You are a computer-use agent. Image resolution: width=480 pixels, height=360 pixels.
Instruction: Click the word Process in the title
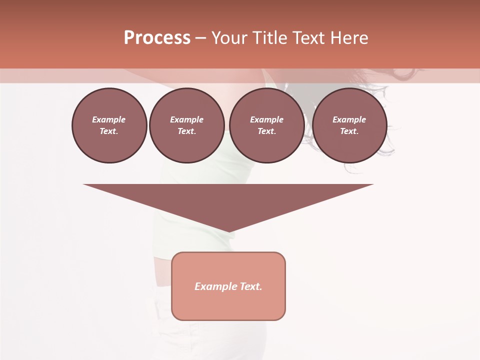(157, 38)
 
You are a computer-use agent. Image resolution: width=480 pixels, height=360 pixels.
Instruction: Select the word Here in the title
(349, 38)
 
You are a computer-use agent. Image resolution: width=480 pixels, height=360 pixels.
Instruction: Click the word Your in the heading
(230, 38)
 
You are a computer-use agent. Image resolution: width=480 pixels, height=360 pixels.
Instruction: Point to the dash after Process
(200, 38)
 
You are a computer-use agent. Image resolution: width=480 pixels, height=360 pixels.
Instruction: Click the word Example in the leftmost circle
(109, 119)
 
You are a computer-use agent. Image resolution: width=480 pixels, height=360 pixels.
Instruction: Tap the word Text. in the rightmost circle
(349, 131)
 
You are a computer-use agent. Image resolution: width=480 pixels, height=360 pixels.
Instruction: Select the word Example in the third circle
(267, 119)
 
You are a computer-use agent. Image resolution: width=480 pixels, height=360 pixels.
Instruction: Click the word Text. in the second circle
(187, 131)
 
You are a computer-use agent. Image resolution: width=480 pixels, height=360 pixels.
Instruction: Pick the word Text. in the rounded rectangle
(251, 286)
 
